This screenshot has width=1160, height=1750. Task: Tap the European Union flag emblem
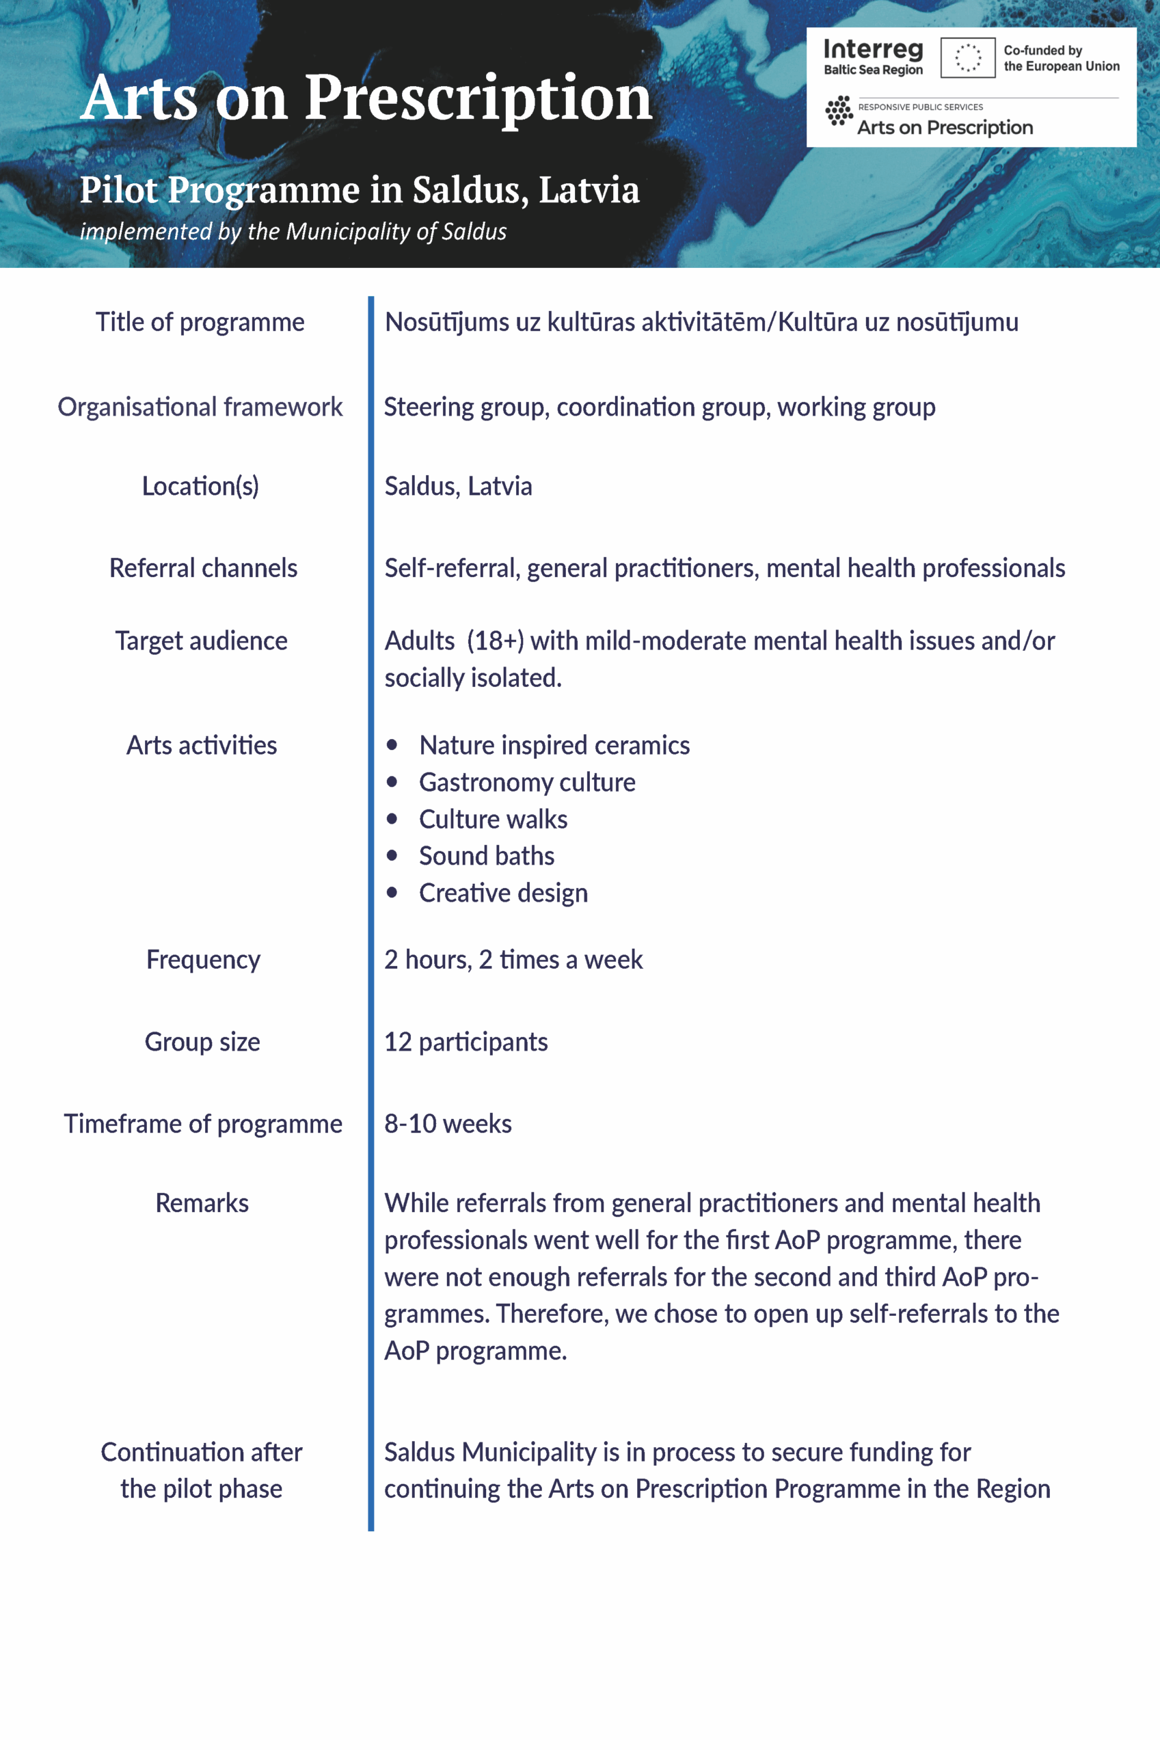[x=967, y=57]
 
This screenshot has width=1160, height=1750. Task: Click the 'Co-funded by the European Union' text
[x=1060, y=58]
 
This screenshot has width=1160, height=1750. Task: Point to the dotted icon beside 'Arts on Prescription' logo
[x=839, y=111]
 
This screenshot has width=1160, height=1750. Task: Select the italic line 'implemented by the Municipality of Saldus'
[x=293, y=232]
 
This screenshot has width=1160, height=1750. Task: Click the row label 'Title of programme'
[x=200, y=323]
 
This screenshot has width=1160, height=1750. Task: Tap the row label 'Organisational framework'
[x=200, y=407]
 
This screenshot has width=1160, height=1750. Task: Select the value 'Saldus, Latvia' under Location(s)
[x=458, y=487]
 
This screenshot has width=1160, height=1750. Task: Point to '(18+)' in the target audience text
[x=495, y=641]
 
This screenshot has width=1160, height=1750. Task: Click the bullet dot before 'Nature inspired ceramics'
[x=392, y=745]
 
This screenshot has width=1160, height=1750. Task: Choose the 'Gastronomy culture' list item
[x=527, y=783]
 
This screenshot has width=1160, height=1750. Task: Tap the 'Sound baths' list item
[x=486, y=856]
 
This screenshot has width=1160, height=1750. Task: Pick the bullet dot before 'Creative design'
[x=392, y=893]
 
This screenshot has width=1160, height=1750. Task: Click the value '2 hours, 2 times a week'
[x=513, y=960]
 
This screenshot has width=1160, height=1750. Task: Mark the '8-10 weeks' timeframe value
[x=448, y=1125]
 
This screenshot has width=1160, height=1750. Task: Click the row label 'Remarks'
[x=202, y=1203]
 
